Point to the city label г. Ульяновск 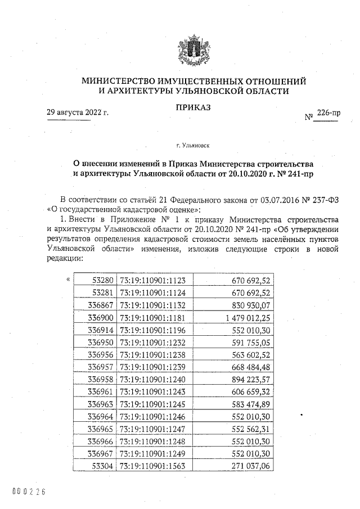193,146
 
